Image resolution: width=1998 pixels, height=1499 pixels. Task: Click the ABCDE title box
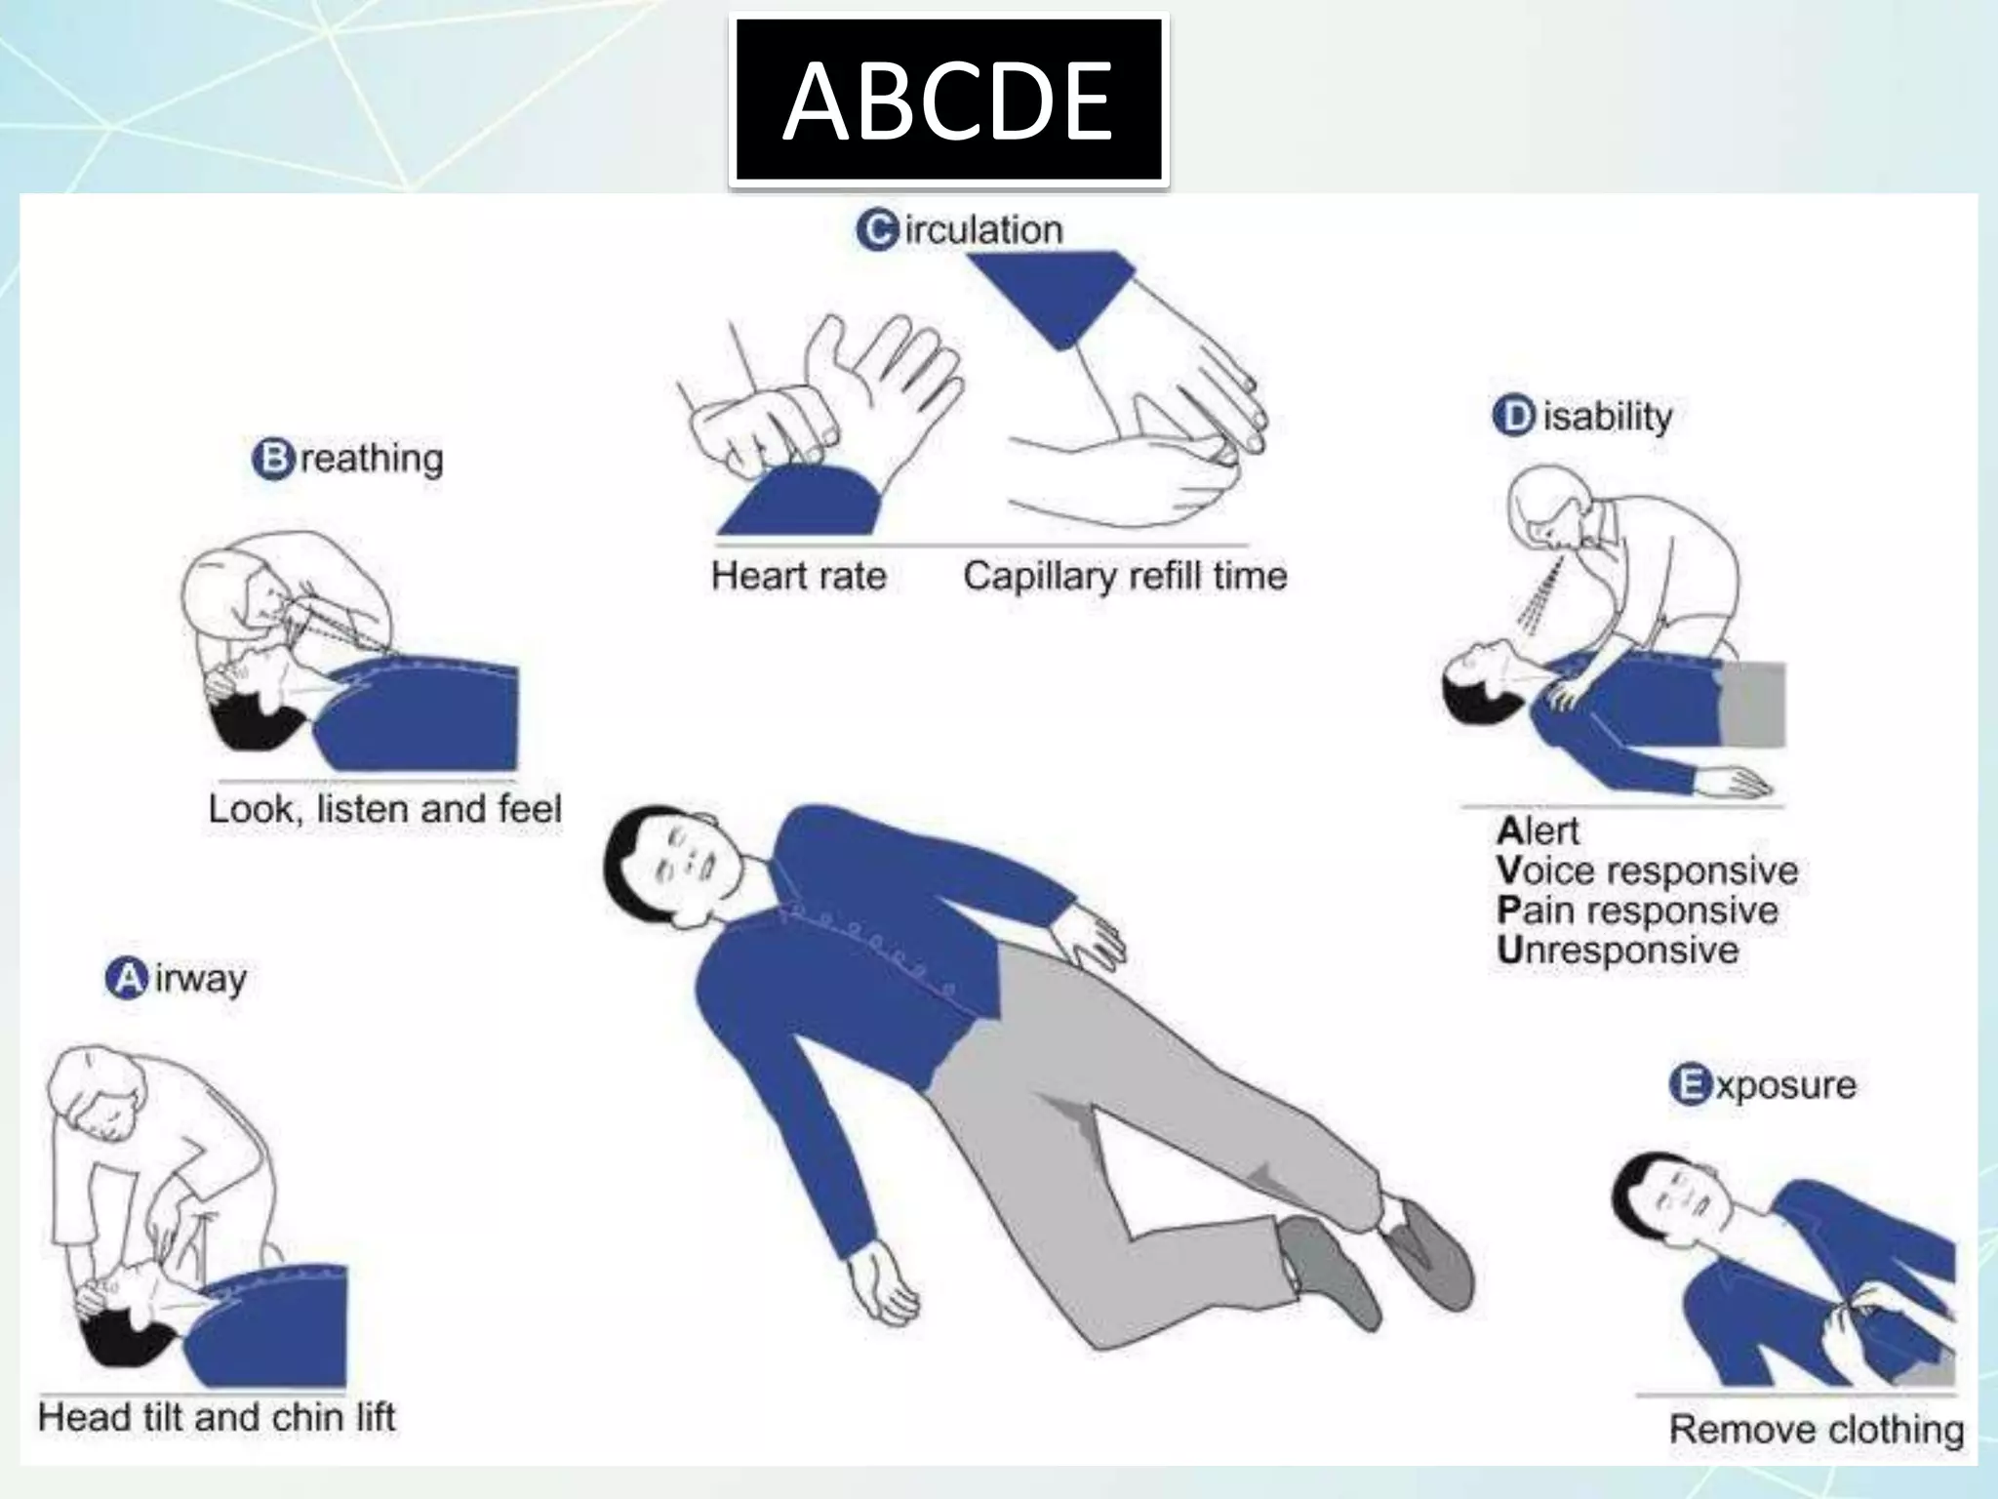pyautogui.click(x=948, y=101)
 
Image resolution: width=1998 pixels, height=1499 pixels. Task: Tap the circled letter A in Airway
pyautogui.click(x=127, y=978)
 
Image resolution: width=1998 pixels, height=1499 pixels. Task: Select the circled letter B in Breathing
pyautogui.click(x=273, y=458)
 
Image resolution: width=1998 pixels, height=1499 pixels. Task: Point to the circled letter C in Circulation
pyautogui.click(x=877, y=230)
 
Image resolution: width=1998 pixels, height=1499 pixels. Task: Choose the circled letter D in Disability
pyautogui.click(x=1513, y=417)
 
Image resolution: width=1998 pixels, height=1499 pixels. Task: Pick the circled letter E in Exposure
pyautogui.click(x=1691, y=1084)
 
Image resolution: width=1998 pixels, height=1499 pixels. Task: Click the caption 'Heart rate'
pyautogui.click(x=798, y=576)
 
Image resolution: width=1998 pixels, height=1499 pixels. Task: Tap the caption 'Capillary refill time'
pyautogui.click(x=1125, y=576)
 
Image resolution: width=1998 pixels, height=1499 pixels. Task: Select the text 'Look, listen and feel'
pyautogui.click(x=385, y=809)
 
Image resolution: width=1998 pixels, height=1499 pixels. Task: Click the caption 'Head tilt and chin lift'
pyautogui.click(x=217, y=1417)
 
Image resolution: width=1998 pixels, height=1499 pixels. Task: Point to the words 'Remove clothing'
pyautogui.click(x=1817, y=1429)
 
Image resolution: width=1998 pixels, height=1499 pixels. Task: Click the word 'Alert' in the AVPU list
pyautogui.click(x=1538, y=831)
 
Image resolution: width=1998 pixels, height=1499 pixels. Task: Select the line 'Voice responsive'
pyautogui.click(x=1647, y=871)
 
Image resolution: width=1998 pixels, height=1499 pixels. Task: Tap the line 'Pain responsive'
pyautogui.click(x=1637, y=911)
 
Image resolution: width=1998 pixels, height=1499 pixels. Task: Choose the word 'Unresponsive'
pyautogui.click(x=1618, y=951)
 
